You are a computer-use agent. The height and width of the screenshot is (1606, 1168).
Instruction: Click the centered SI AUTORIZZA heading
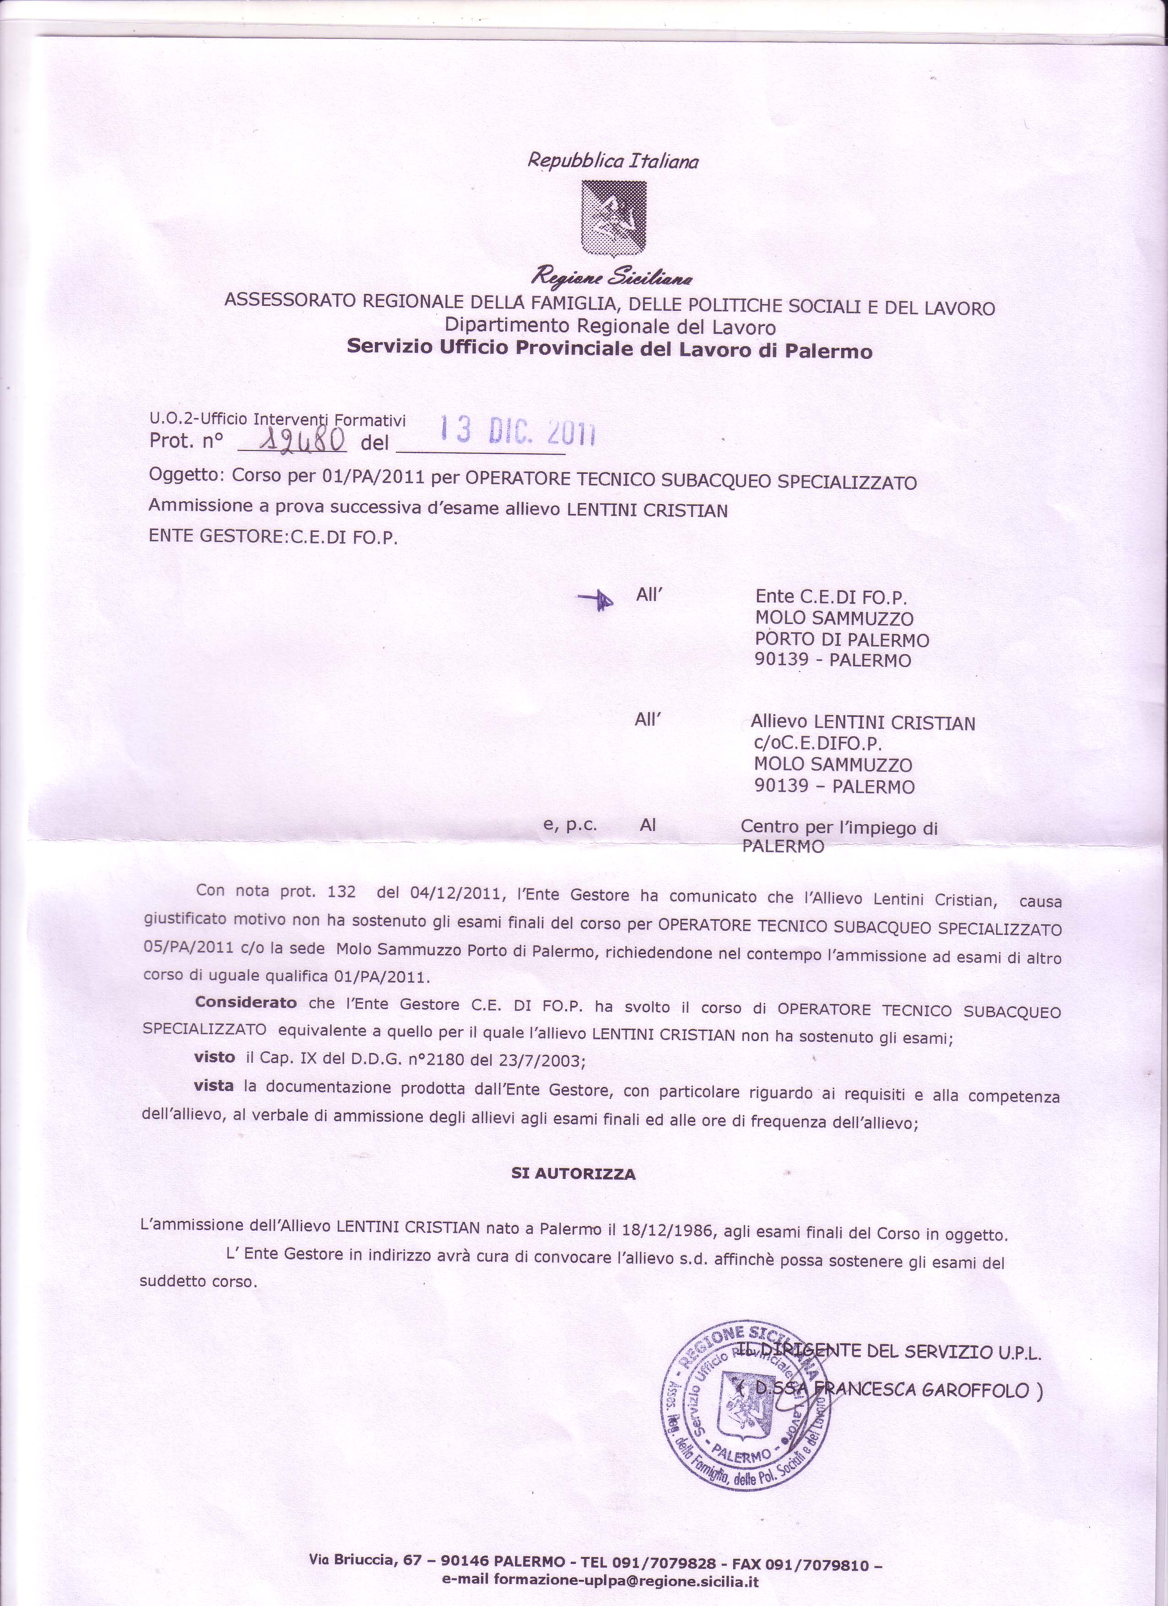point(573,1173)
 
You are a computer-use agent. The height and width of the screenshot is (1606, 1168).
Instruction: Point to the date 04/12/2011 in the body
point(456,894)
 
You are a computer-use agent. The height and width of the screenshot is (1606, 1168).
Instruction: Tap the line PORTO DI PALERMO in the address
point(843,640)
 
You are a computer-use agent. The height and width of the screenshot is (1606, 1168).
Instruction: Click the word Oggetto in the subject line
point(185,475)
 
